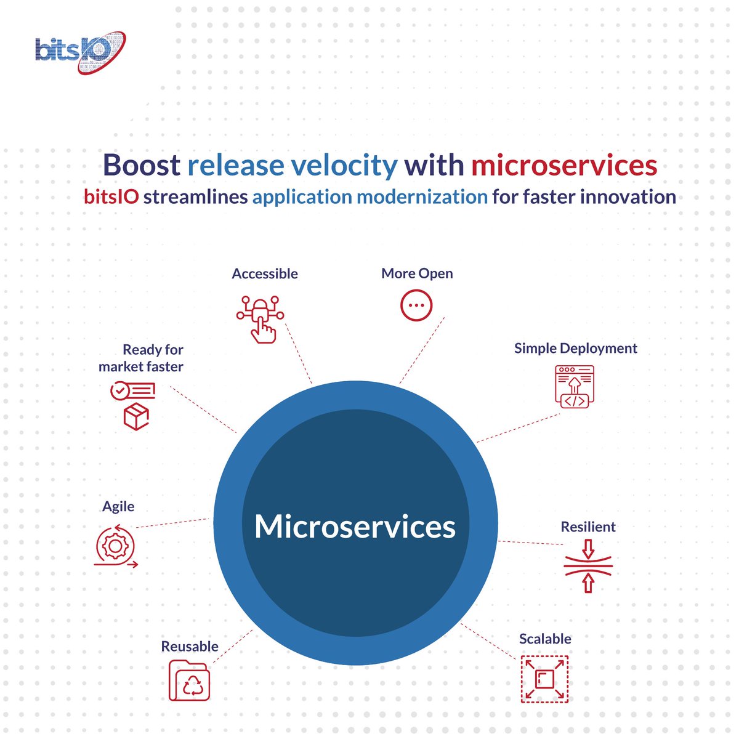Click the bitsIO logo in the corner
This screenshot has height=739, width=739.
[80, 52]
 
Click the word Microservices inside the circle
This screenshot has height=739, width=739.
[355, 527]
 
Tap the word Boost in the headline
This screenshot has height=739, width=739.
[141, 165]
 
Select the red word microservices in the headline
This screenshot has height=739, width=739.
[564, 165]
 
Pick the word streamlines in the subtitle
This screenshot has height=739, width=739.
[195, 197]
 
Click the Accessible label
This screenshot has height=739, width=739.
[265, 274]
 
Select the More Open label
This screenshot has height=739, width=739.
[417, 273]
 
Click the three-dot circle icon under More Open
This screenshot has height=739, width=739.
[416, 305]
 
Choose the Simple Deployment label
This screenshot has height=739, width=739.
[575, 349]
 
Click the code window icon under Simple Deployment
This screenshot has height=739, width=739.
[575, 387]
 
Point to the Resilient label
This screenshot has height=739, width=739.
[588, 527]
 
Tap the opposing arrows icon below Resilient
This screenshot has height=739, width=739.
[588, 567]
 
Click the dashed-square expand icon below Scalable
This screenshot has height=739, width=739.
[544, 679]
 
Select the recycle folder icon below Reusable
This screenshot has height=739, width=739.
[190, 680]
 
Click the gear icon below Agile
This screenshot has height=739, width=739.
[115, 546]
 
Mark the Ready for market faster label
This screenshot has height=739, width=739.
[141, 358]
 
